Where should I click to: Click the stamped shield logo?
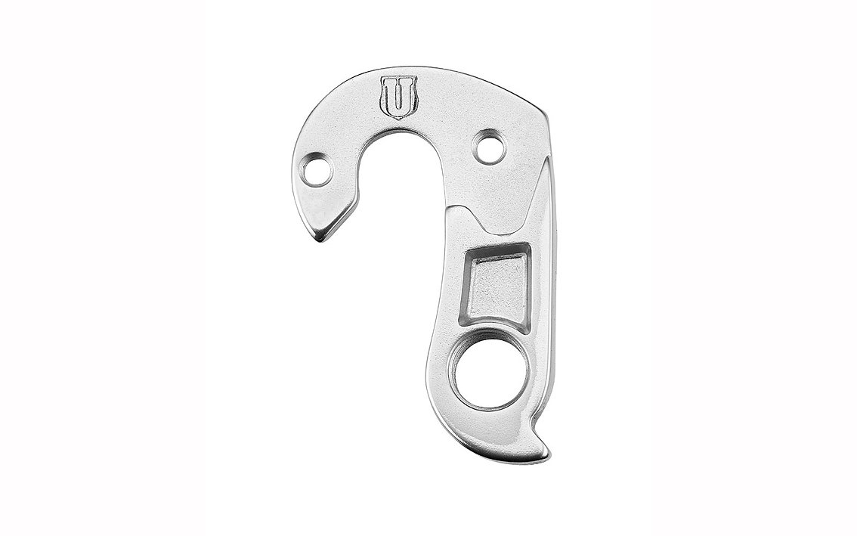tap(398, 97)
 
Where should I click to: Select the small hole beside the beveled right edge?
tap(489, 147)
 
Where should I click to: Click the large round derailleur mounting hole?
tap(489, 377)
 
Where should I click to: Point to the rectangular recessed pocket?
tap(499, 288)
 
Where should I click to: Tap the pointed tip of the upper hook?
tap(323, 240)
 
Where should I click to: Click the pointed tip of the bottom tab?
tap(546, 454)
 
